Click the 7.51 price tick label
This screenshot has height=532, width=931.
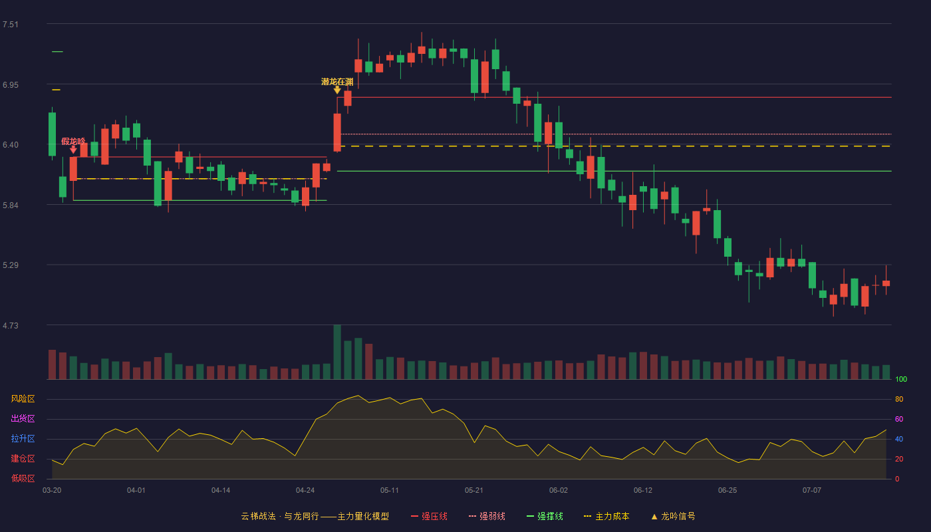pos(11,25)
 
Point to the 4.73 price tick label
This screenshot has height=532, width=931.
pos(11,325)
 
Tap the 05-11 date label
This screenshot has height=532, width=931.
pos(390,491)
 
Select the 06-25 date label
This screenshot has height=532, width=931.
pos(728,491)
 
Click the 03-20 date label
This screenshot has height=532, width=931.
pos(52,491)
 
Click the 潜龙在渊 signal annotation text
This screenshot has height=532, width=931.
pos(337,81)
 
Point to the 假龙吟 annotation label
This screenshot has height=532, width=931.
pos(73,141)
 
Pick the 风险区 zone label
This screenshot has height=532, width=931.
pos(23,399)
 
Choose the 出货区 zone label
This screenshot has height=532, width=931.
pos(23,418)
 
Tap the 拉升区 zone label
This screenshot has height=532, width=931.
pos(23,438)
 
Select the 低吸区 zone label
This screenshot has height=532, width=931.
pos(23,478)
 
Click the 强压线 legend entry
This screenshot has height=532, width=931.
pos(429,516)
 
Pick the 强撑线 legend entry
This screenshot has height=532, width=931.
pos(545,516)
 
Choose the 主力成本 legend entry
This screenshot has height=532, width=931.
pos(606,516)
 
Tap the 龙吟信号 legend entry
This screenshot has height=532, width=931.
pos(673,516)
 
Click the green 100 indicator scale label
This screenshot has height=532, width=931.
pos(901,379)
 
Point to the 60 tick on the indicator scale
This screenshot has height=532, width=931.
pos(899,419)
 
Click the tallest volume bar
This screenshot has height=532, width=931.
pos(337,352)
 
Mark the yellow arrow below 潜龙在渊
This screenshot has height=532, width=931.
pos(337,90)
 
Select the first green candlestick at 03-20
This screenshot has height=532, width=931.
pos(52,134)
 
